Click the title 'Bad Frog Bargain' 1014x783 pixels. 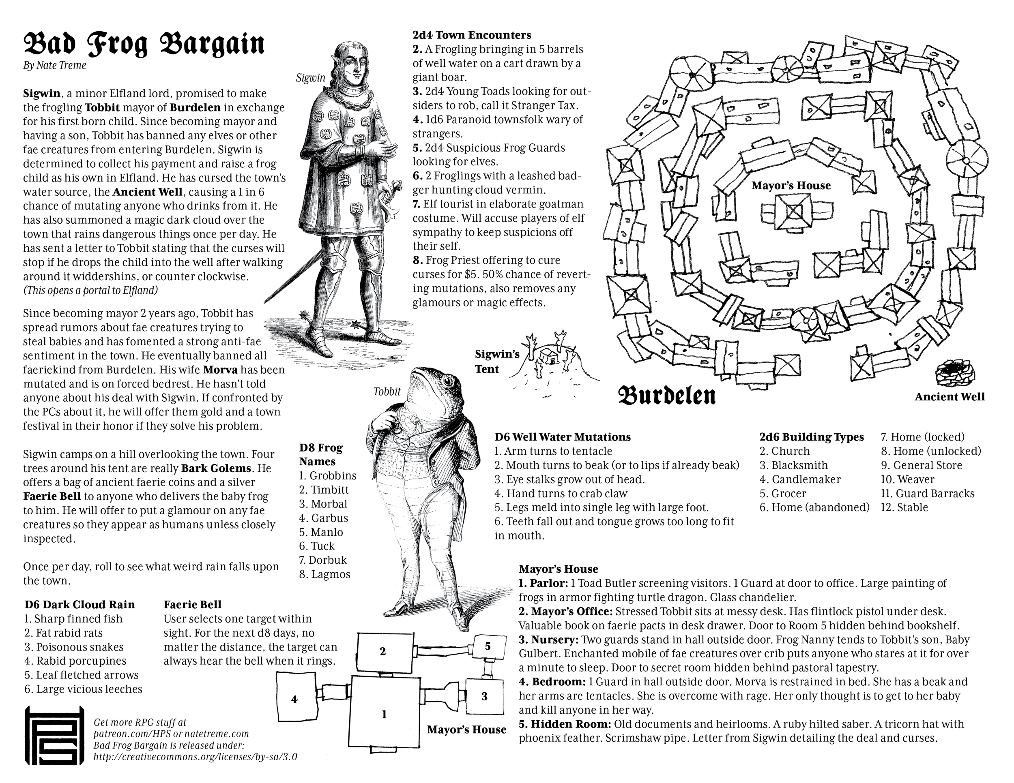(144, 44)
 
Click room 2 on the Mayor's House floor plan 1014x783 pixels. (383, 651)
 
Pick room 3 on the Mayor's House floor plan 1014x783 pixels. (484, 696)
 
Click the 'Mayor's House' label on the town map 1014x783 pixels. (791, 186)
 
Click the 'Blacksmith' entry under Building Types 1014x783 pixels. (793, 465)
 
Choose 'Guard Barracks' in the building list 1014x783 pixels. (928, 494)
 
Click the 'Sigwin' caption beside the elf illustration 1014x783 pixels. (311, 78)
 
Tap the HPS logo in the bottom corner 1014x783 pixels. (54, 736)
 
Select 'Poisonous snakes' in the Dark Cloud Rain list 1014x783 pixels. (74, 647)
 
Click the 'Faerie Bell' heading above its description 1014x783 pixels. (192, 604)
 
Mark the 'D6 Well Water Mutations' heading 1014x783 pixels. (562, 437)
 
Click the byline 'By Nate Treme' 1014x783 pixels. (55, 65)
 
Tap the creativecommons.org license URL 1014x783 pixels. (195, 757)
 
